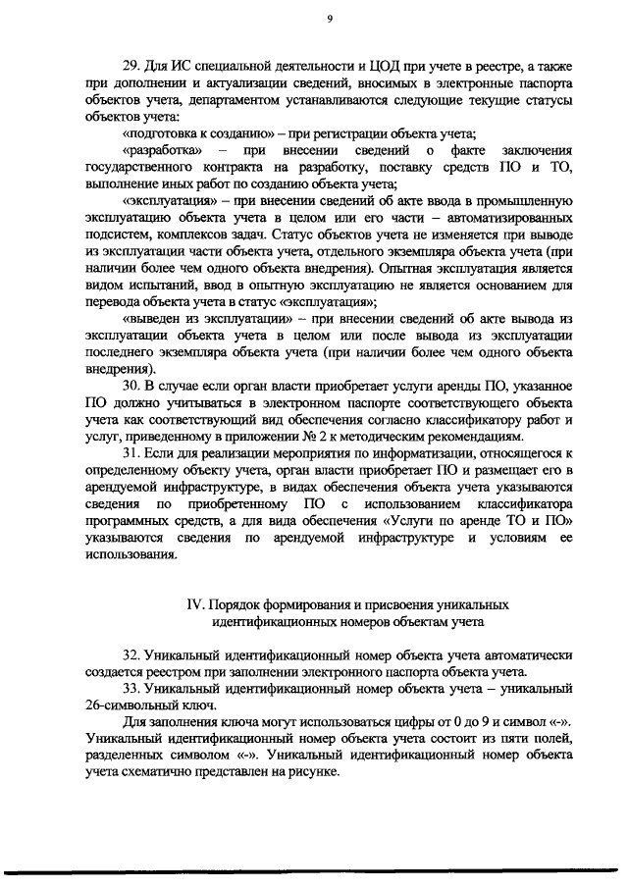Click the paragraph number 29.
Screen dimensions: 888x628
tap(131, 69)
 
